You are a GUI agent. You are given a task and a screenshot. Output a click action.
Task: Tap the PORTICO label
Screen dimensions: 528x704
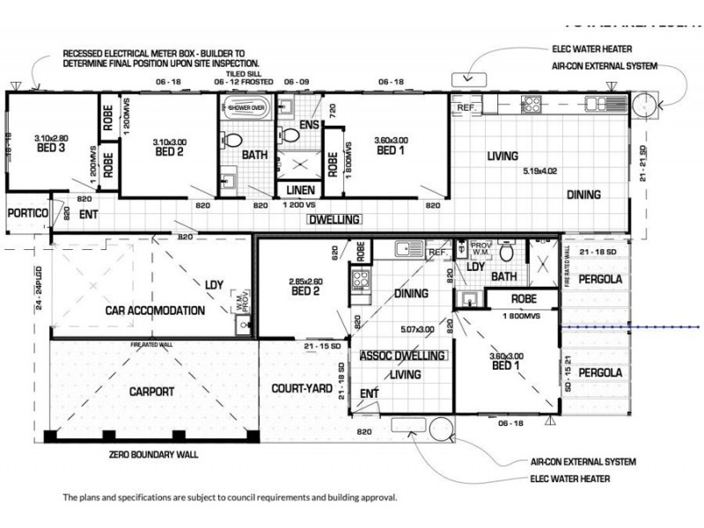pos(27,213)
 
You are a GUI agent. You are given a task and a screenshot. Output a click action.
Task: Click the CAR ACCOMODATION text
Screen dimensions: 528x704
pos(155,311)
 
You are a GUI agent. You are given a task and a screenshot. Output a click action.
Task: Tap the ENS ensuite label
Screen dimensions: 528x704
pos(308,126)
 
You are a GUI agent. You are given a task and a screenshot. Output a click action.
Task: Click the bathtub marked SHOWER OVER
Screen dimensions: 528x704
pos(247,109)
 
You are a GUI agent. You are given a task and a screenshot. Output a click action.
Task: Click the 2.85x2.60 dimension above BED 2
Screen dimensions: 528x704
pos(307,282)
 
